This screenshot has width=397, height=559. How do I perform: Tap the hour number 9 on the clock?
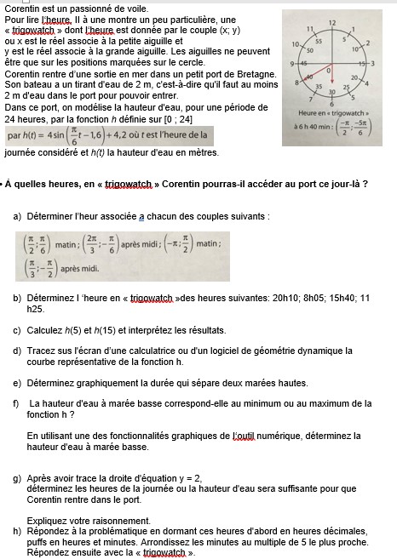tap(292, 65)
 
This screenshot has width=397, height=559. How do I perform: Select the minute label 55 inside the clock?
tap(318, 39)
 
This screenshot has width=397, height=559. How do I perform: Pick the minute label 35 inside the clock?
tap(319, 88)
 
